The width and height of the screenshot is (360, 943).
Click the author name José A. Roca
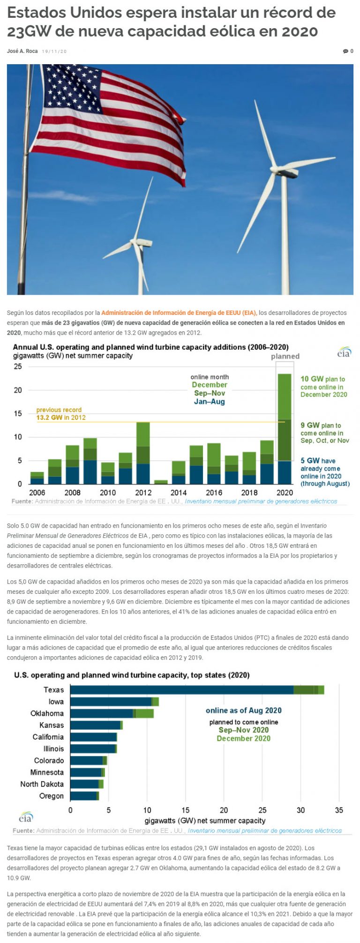tap(22, 51)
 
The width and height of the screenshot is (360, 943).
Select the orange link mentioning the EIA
tap(179, 313)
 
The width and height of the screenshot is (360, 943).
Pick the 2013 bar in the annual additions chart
tap(161, 481)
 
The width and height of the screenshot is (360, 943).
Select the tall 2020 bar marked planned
tap(285, 429)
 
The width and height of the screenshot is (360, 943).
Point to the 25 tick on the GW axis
tap(18, 367)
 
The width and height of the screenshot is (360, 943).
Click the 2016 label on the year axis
tap(214, 493)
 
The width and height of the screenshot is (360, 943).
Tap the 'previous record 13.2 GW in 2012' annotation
tap(61, 414)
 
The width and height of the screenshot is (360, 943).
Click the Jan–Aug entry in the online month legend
tap(210, 402)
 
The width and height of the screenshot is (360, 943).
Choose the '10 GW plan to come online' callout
tap(323, 387)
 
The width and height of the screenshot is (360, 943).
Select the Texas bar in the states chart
tap(197, 689)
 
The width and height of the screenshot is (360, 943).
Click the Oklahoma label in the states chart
tap(47, 713)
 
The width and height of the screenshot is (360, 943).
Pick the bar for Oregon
tap(84, 796)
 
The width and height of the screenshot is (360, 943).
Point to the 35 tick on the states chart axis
tap(339, 810)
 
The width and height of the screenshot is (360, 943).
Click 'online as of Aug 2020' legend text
tap(244, 711)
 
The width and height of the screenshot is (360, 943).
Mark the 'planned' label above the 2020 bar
tap(285, 356)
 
